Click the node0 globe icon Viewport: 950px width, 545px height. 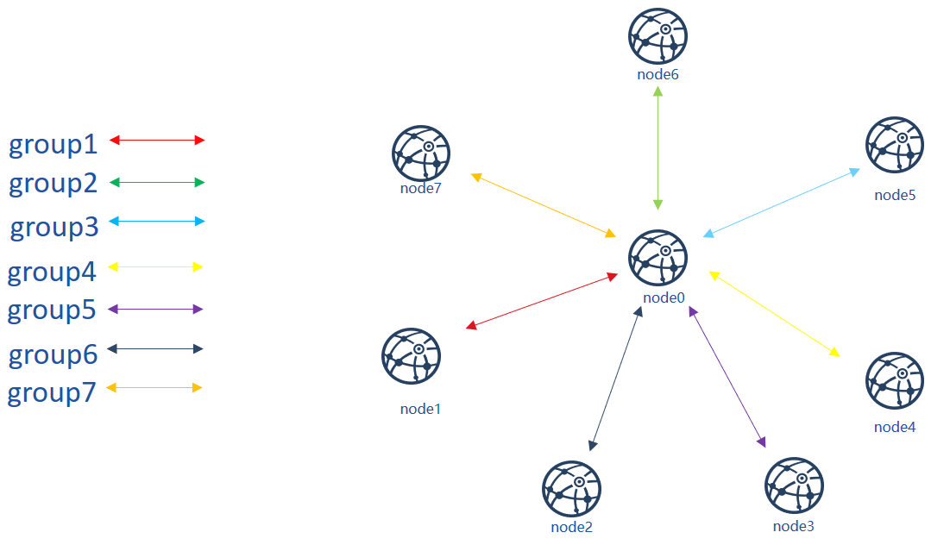point(658,258)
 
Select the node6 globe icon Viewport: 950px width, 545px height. point(658,36)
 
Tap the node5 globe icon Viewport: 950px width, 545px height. point(895,146)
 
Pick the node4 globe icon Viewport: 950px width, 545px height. point(895,381)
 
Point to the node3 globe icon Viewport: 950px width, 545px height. point(795,485)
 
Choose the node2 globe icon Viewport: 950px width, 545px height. point(571,489)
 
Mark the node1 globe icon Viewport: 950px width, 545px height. point(411,356)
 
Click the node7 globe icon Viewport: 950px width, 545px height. point(421,153)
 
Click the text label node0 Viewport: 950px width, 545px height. point(664,298)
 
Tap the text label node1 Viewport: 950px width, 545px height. point(420,409)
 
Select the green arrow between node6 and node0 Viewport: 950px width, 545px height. point(658,148)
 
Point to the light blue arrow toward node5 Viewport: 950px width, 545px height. point(782,203)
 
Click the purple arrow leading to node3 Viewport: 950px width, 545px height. point(727,377)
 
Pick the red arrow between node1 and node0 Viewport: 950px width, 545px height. point(542,301)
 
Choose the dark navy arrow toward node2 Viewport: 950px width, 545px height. point(615,379)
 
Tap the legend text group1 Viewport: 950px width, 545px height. point(53,144)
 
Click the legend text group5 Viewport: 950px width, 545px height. point(52,310)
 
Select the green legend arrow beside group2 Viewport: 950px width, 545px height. point(157,182)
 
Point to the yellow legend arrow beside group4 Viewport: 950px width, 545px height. point(155,267)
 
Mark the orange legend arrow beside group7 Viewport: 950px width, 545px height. point(154,387)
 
